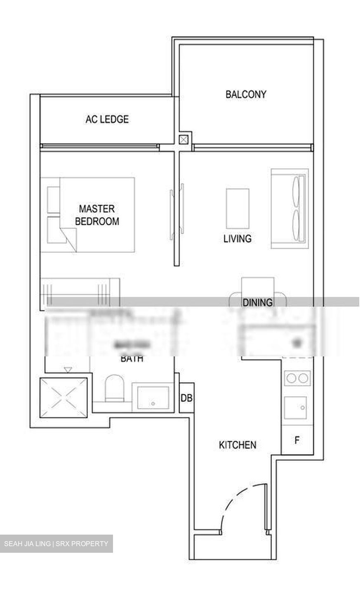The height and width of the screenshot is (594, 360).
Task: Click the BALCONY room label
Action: (x=246, y=94)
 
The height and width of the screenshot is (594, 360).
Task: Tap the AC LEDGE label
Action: (x=107, y=119)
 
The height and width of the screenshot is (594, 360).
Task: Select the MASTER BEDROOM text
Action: (x=97, y=215)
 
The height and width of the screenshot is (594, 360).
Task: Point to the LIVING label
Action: (x=237, y=238)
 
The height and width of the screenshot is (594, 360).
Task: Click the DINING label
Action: (x=257, y=302)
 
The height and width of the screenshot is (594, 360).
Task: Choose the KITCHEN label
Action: (x=237, y=445)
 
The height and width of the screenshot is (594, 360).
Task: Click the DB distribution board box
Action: (x=186, y=398)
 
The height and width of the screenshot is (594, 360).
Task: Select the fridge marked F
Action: (x=296, y=440)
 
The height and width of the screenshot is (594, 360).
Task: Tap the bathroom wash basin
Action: (x=153, y=398)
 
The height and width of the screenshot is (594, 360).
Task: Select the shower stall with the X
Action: (x=63, y=397)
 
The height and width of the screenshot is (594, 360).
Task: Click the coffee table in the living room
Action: (x=237, y=208)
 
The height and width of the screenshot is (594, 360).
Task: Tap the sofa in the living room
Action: (x=289, y=208)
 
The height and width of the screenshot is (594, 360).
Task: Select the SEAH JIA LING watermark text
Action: (x=56, y=544)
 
